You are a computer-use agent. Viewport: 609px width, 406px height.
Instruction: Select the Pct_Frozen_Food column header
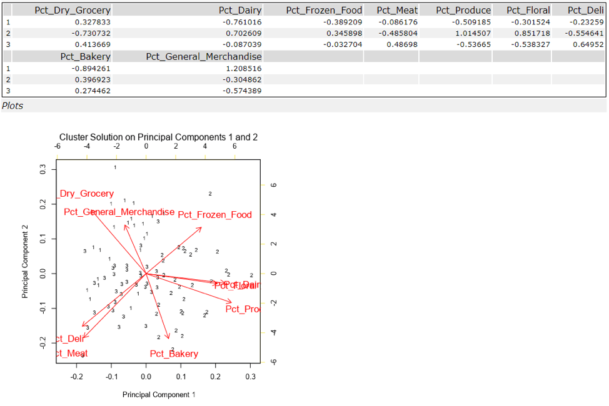click(324, 10)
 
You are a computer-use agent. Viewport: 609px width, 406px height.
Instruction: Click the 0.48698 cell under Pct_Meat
click(401, 44)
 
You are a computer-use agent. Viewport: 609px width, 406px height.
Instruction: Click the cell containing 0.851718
click(530, 33)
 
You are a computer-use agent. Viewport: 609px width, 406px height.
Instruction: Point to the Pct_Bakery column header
click(85, 57)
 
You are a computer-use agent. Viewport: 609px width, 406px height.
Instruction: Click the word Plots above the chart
click(13, 106)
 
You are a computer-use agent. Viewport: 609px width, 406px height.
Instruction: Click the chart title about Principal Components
click(158, 137)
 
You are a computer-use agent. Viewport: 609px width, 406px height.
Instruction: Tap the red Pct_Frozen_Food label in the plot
click(214, 215)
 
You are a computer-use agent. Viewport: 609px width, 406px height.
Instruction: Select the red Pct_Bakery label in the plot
click(174, 354)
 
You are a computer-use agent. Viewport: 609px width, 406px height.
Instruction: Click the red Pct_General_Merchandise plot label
click(119, 212)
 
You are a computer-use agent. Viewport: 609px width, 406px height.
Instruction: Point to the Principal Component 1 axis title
click(159, 394)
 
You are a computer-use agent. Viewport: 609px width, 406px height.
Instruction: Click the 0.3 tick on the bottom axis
click(250, 377)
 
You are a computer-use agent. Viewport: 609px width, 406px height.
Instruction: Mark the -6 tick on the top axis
click(57, 147)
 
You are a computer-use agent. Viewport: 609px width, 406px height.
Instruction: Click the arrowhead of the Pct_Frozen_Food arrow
click(201, 227)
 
